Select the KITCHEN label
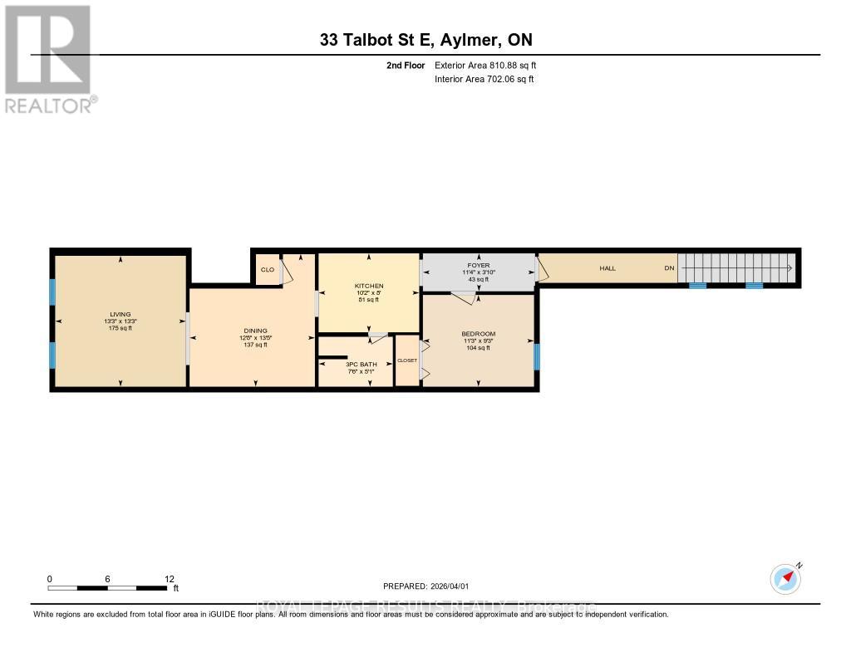pos(369,286)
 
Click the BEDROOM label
pos(478,334)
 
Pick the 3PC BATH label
pos(355,364)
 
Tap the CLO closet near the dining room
pos(267,270)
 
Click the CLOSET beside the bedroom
pos(407,360)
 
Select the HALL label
pos(608,268)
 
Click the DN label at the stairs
pos(668,268)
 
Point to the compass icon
pos(785,578)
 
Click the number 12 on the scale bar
pos(170,579)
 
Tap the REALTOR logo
pos(49,58)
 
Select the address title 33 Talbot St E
pos(425,40)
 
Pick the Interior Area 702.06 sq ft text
pos(484,79)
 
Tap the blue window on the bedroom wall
pos(536,356)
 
